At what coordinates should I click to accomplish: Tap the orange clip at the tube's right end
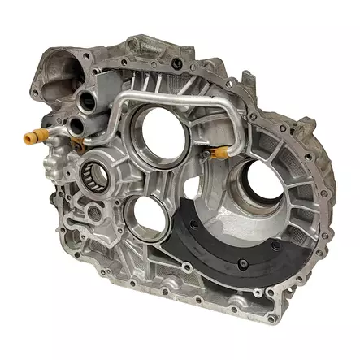click(x=217, y=151)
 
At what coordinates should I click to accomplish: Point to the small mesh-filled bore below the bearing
click(x=91, y=213)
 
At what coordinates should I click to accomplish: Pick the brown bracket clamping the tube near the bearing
click(x=78, y=145)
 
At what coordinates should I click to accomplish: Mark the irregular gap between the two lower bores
click(x=189, y=188)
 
